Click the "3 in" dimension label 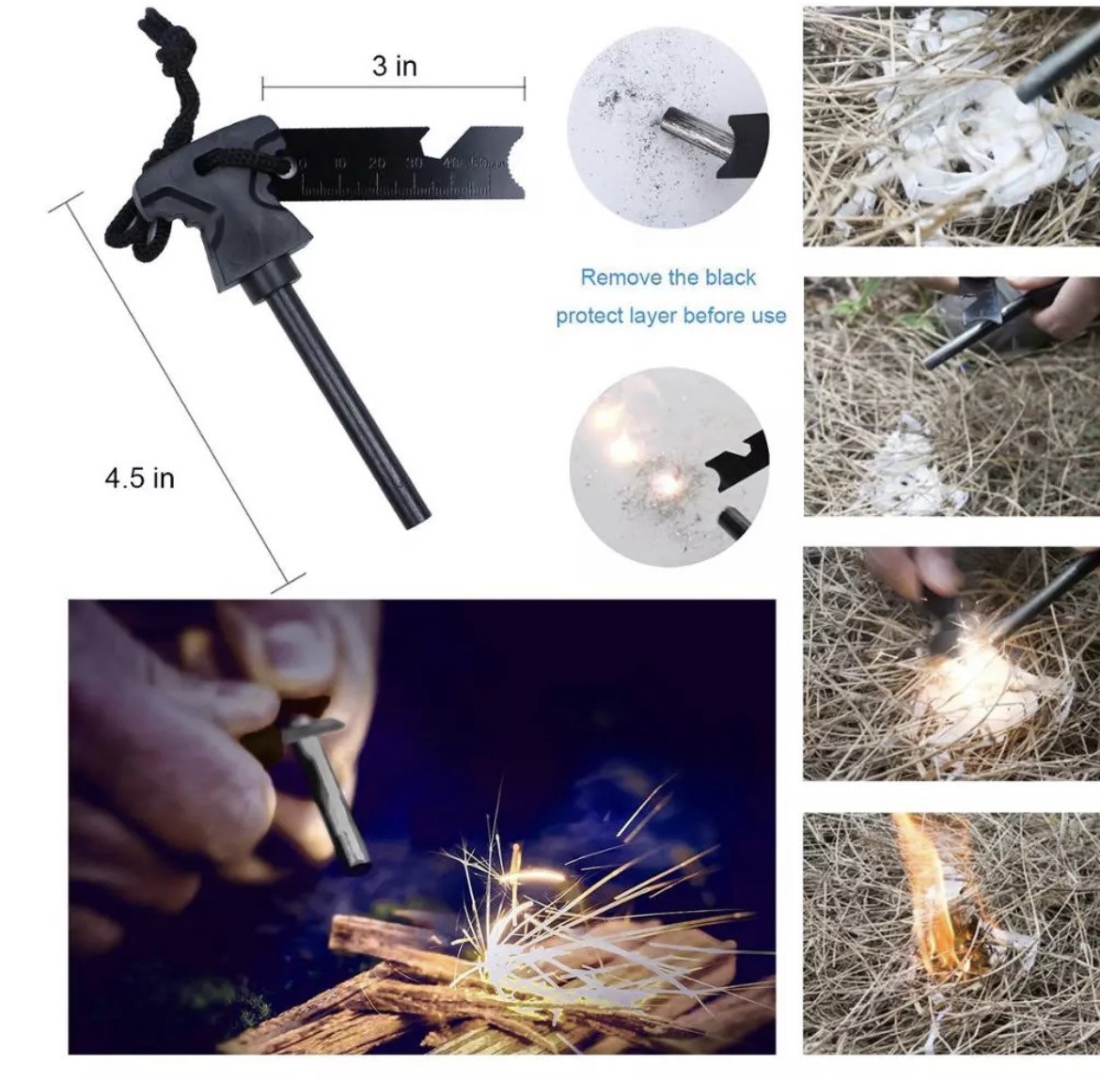[x=394, y=67]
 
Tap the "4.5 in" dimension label [x=139, y=478]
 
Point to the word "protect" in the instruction [x=589, y=316]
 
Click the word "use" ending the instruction [x=768, y=316]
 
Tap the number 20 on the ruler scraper [x=377, y=164]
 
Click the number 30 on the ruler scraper [x=413, y=164]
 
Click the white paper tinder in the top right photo [x=950, y=160]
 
